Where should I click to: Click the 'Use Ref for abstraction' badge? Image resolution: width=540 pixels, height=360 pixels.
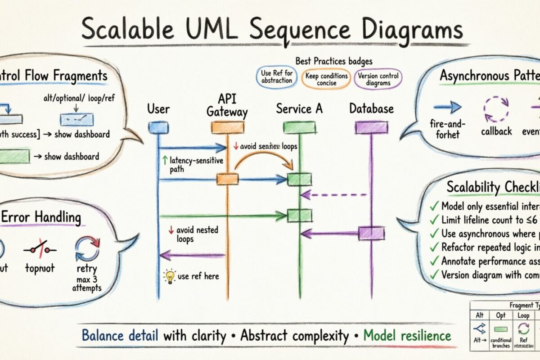click(276, 76)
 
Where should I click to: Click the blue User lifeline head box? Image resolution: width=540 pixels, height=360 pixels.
click(158, 128)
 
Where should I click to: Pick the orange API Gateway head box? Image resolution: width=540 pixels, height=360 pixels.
click(227, 128)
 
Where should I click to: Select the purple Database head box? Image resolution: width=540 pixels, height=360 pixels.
click(371, 128)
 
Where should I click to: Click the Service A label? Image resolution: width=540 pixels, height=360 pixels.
click(299, 108)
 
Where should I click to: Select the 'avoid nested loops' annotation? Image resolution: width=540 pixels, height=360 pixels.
click(188, 234)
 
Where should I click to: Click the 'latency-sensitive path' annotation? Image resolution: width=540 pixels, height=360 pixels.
click(192, 164)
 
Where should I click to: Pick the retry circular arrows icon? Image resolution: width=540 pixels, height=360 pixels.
click(87, 248)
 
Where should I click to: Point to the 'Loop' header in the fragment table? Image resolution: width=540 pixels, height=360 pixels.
click(523, 315)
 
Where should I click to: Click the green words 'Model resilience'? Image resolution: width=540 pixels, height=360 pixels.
click(407, 335)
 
